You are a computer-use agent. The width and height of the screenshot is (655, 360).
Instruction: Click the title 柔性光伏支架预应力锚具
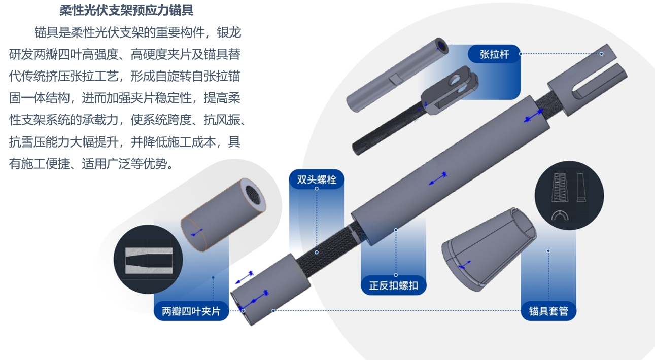point(126,10)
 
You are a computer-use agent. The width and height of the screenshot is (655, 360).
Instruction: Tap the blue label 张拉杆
point(494,54)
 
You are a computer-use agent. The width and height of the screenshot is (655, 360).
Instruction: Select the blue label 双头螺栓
point(317,179)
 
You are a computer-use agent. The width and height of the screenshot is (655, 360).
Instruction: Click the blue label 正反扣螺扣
point(394,285)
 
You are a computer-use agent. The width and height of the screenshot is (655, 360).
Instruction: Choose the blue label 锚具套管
point(548,311)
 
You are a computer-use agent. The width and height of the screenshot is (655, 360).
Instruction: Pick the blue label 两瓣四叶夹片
point(191,311)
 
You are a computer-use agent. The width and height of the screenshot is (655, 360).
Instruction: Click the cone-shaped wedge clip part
point(489,250)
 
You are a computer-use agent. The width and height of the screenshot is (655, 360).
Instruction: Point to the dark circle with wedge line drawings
point(569,196)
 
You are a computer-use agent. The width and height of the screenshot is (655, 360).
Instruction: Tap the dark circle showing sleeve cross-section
point(148,259)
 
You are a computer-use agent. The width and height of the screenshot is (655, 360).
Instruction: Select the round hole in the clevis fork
point(454,80)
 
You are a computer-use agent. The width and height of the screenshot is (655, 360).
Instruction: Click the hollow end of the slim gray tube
point(441,46)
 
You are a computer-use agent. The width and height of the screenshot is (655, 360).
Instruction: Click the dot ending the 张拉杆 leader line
point(602,54)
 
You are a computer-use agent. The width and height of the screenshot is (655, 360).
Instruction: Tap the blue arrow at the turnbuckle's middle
point(438,178)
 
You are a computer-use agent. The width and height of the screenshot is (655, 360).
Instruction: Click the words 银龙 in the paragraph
point(229,32)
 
